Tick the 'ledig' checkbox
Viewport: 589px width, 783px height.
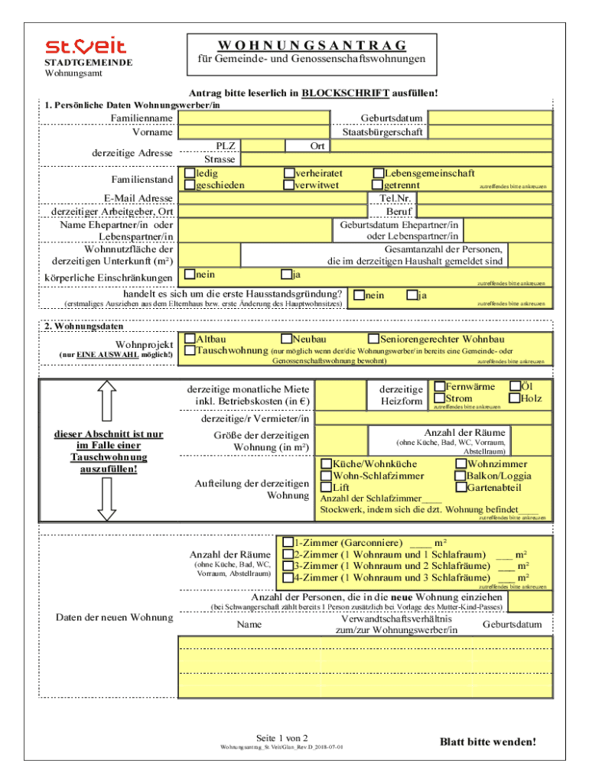189,174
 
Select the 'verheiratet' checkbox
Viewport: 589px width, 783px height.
289,174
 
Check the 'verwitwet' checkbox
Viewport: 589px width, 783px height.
289,185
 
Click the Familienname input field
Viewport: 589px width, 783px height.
254,118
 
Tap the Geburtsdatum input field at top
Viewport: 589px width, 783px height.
490,118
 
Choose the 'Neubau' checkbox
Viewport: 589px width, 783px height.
285,339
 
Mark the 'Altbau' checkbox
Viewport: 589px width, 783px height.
189,339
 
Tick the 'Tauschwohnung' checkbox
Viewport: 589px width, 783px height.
189,350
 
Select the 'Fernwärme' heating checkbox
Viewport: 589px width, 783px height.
439,387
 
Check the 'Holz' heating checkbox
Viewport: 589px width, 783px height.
515,398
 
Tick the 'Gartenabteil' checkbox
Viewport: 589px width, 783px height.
460,487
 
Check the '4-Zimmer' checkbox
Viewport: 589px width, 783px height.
288,577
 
